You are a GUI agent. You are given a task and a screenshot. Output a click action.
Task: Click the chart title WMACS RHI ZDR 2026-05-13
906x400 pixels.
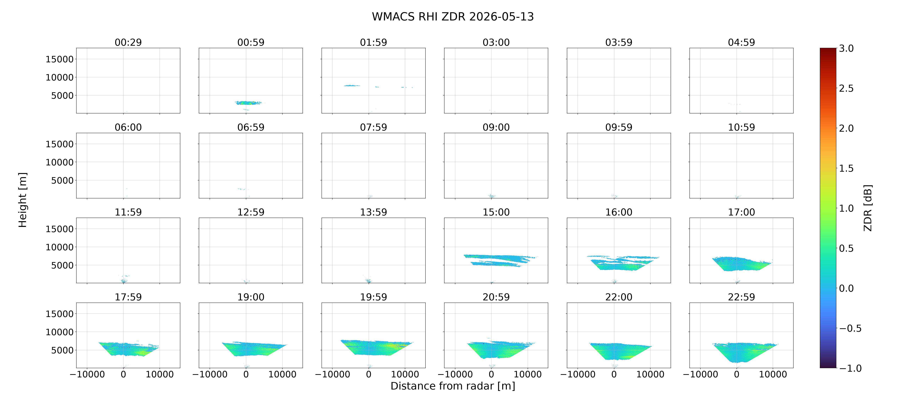click(x=453, y=17)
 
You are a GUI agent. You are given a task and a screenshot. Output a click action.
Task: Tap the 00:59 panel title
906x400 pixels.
click(x=251, y=42)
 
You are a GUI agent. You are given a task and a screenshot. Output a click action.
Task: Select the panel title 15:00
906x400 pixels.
click(x=496, y=212)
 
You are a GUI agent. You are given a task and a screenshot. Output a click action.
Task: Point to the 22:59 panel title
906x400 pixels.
click(x=741, y=297)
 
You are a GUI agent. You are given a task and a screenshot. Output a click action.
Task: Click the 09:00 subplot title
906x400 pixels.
click(x=496, y=127)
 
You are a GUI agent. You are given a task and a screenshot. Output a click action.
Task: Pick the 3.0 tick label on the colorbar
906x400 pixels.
click(x=846, y=48)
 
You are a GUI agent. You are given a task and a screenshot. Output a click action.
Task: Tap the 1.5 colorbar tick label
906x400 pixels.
click(x=846, y=168)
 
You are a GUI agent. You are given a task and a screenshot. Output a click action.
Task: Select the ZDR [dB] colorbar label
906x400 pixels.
click(x=868, y=208)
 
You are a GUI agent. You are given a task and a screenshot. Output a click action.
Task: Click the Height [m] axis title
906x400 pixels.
click(x=23, y=200)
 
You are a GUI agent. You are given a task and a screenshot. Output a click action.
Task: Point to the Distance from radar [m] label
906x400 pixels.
click(x=453, y=386)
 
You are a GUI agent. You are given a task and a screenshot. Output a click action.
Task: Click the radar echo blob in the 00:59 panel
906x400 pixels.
click(x=248, y=103)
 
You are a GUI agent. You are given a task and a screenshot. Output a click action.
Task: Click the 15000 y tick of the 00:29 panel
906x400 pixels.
click(x=60, y=59)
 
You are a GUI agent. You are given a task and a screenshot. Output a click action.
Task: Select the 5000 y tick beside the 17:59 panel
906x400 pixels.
click(x=62, y=350)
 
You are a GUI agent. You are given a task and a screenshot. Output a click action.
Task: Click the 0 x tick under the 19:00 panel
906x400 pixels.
click(x=246, y=374)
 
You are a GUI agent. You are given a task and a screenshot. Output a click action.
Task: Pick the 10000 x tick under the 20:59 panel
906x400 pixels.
click(x=528, y=374)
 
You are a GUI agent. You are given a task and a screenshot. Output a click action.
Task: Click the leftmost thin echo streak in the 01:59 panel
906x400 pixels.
click(x=352, y=86)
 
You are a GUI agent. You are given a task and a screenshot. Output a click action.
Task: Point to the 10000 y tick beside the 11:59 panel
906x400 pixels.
click(x=60, y=247)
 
